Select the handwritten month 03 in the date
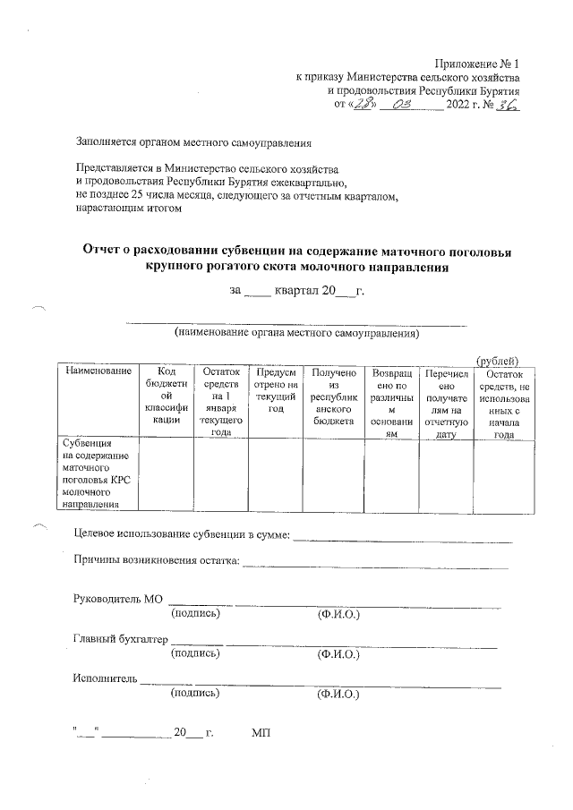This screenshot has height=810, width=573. pyautogui.click(x=399, y=105)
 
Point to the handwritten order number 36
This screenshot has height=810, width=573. pyautogui.click(x=509, y=105)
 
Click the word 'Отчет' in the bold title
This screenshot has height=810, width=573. pyautogui.click(x=107, y=252)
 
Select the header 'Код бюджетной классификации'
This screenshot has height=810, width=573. pyautogui.click(x=167, y=394)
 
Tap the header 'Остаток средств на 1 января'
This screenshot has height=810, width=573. pyautogui.click(x=221, y=400)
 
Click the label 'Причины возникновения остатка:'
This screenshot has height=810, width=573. pyautogui.click(x=157, y=561)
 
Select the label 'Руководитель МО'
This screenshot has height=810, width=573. pyautogui.click(x=117, y=599)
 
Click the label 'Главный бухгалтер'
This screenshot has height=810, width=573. pyautogui.click(x=120, y=638)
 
